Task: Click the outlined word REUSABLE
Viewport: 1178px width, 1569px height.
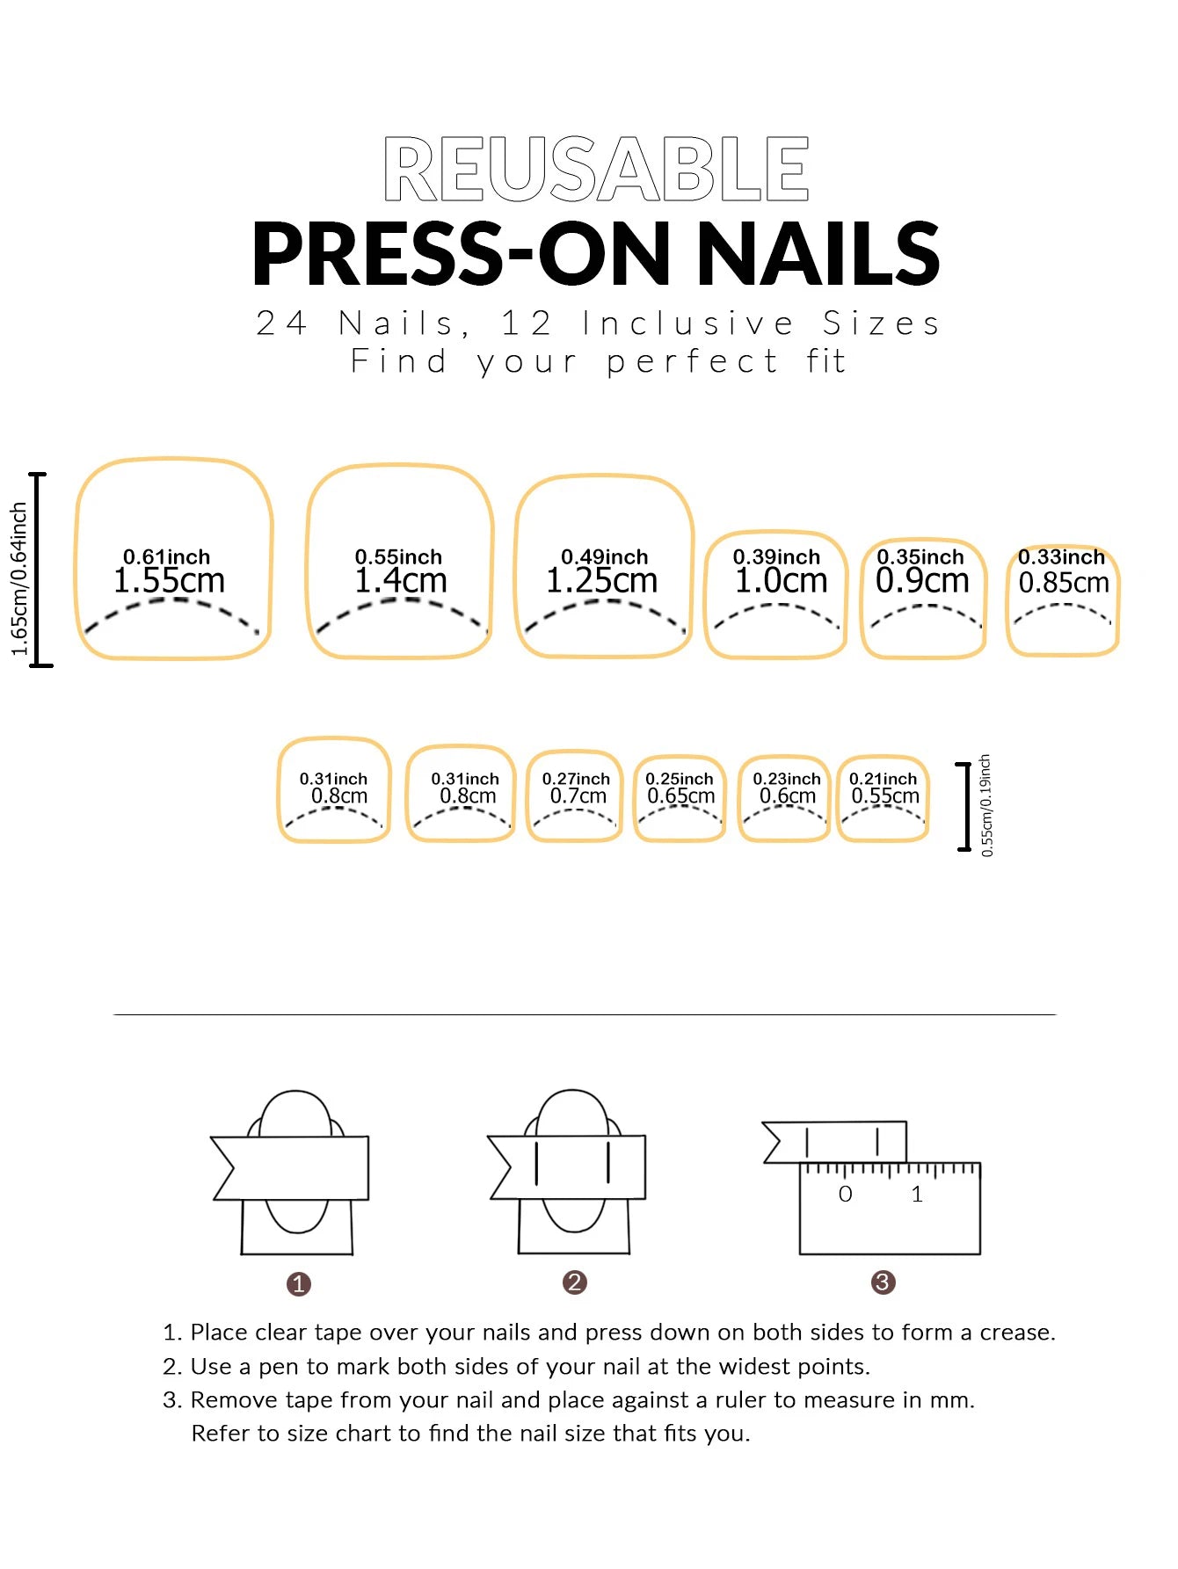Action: [x=596, y=169]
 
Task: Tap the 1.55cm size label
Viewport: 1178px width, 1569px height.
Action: [x=169, y=581]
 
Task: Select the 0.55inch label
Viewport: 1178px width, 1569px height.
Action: [x=398, y=557]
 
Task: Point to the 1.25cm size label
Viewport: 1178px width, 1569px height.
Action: [x=602, y=581]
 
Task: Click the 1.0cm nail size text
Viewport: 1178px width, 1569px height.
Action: [x=782, y=581]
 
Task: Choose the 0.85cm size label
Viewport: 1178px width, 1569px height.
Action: [x=1064, y=583]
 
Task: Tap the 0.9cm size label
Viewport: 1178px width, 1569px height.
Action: [x=922, y=581]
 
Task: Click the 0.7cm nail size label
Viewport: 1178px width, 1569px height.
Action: [x=578, y=796]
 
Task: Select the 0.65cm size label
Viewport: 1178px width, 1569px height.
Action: [x=681, y=796]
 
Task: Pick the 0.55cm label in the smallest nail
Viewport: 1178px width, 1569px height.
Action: [x=885, y=796]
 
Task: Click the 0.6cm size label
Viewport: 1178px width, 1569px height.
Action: [x=788, y=796]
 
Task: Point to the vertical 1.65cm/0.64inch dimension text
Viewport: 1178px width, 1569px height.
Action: [x=19, y=579]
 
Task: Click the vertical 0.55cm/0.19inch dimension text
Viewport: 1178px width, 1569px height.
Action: [x=986, y=805]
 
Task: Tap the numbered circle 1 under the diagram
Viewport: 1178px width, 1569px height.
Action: [x=299, y=1284]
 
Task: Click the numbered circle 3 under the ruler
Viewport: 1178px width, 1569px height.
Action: [x=883, y=1282]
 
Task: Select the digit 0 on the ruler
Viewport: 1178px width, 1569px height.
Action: [x=845, y=1195]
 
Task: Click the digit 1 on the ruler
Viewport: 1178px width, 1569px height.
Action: [x=917, y=1195]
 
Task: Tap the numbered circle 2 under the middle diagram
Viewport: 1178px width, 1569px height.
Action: [x=574, y=1282]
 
